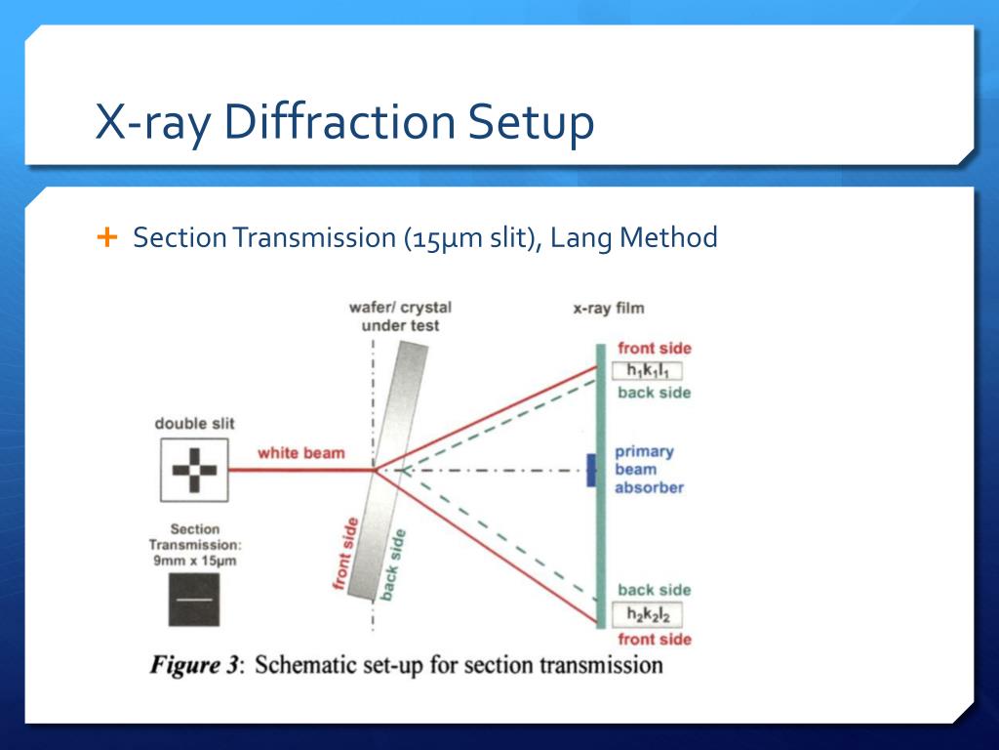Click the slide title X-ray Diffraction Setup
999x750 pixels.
[x=343, y=123]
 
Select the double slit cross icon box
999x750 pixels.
[x=193, y=470]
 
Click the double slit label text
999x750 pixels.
[x=194, y=424]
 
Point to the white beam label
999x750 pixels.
[x=300, y=453]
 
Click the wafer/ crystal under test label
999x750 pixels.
[x=400, y=316]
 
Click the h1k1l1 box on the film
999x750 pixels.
[x=646, y=370]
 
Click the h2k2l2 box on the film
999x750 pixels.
[x=646, y=615]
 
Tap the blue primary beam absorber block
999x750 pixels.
[x=590, y=470]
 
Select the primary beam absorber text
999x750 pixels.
[x=648, y=470]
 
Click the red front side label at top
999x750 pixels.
[x=654, y=349]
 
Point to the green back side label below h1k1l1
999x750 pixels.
[x=654, y=393]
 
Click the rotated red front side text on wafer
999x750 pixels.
[x=344, y=555]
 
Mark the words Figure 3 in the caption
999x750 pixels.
[x=194, y=667]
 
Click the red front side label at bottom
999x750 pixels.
[x=654, y=639]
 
